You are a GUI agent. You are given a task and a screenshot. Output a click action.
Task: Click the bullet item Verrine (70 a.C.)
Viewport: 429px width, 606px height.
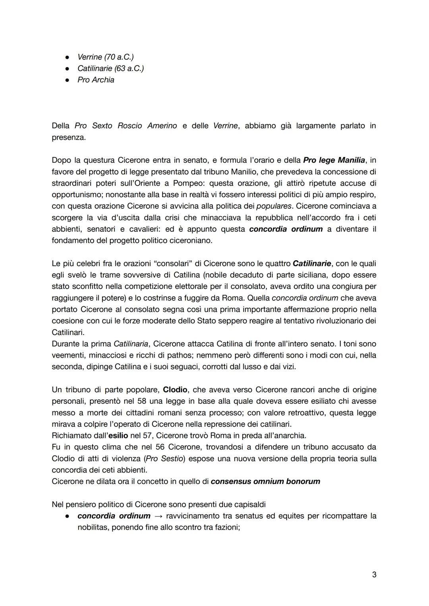tap(105, 57)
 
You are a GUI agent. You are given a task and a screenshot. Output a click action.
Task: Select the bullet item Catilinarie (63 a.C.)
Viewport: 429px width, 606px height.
tap(110, 68)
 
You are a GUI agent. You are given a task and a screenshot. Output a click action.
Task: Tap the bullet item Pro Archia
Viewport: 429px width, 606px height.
tap(96, 80)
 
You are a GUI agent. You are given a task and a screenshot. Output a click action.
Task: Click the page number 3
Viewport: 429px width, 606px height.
tap(374, 574)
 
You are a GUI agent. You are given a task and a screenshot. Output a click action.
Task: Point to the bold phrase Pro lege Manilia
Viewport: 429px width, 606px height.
tap(334, 160)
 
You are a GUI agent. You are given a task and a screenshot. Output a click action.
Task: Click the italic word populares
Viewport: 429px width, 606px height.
tap(274, 206)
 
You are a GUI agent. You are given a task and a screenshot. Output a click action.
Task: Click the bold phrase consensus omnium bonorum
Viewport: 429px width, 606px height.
tap(265, 482)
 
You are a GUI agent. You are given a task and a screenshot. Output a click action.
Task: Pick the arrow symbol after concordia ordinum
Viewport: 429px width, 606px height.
tap(158, 516)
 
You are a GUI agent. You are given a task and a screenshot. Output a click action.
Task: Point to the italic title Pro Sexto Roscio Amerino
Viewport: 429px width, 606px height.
tap(126, 126)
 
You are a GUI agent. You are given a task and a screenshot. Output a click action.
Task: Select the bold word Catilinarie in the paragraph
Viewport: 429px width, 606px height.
tap(312, 263)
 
